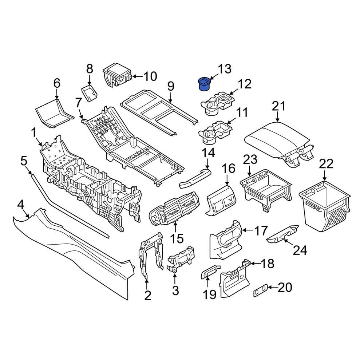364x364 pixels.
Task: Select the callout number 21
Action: point(279,106)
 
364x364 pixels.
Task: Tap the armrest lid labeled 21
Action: point(277,140)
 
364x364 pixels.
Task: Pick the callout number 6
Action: point(57,83)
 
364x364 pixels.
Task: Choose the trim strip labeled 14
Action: point(195,178)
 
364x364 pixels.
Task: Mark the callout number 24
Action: point(301,250)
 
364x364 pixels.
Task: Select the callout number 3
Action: point(175,290)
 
